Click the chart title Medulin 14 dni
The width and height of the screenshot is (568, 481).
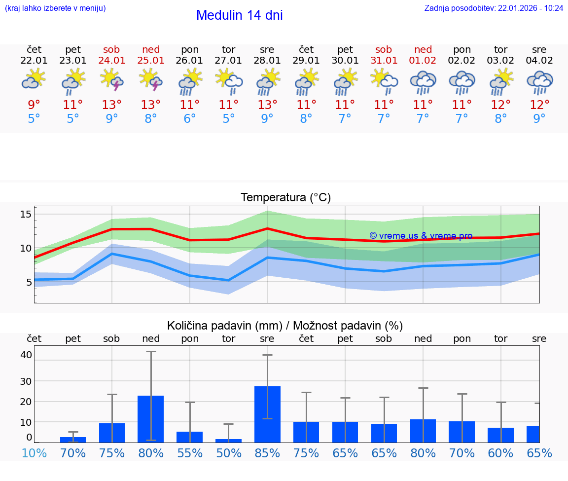[x=239, y=15]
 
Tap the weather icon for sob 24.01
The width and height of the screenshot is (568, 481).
[x=111, y=80]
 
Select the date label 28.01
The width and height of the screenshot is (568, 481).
[x=267, y=61]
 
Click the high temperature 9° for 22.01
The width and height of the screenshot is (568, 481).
[x=34, y=105]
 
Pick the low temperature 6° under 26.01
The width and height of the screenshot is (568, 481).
[x=189, y=118]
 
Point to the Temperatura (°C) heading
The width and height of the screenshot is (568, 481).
[x=285, y=198]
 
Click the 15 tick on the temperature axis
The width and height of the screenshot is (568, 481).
[x=26, y=214]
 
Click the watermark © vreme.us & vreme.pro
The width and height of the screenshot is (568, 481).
[x=421, y=236]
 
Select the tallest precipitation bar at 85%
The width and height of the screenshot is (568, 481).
[x=267, y=414]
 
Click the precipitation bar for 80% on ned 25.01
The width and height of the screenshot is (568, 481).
[x=150, y=419]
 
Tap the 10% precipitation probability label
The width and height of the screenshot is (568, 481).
[x=34, y=453]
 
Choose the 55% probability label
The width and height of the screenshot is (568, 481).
[x=189, y=453]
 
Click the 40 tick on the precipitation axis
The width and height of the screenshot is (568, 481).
[x=26, y=355]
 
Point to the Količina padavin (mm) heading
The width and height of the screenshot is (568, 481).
[x=224, y=326]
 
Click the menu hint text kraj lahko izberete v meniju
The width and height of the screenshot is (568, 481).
[x=55, y=8]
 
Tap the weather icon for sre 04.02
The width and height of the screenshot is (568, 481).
[x=539, y=82]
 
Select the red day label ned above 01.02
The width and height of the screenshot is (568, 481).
[x=423, y=49]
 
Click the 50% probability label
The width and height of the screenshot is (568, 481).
[x=228, y=453]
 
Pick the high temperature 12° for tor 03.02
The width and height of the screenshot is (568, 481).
[x=500, y=105]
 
